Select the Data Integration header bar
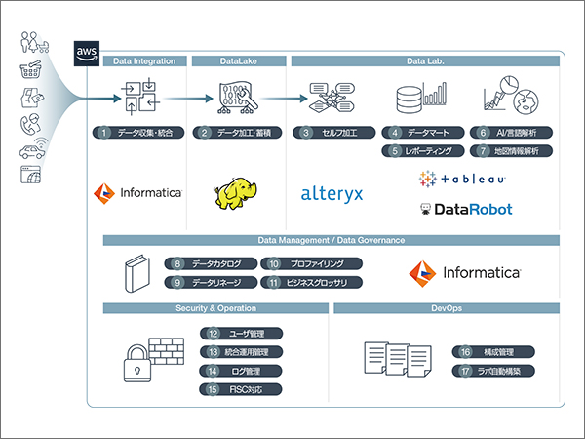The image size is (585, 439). (x=143, y=61)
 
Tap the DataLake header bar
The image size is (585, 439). (x=237, y=61)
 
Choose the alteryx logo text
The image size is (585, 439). (x=331, y=193)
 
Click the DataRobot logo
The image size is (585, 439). (x=465, y=209)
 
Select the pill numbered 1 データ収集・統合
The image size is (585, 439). (x=138, y=132)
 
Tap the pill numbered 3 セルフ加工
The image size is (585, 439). (x=333, y=132)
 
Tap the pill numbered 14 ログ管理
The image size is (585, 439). (x=244, y=371)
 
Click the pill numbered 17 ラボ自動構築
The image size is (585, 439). (x=490, y=371)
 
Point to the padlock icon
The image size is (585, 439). (x=134, y=364)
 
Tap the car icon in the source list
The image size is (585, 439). (x=32, y=152)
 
